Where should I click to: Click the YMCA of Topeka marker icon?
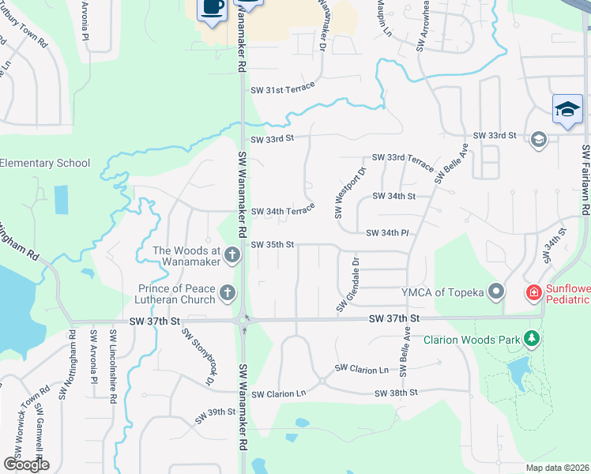(497, 292)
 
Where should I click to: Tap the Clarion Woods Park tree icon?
(533, 340)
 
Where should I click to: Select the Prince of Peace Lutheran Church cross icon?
(228, 293)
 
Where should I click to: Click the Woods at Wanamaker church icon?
(232, 254)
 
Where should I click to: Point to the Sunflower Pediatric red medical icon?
(534, 293)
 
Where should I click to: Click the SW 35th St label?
(273, 245)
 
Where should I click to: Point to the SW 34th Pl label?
(386, 233)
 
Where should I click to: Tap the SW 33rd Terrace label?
(400, 161)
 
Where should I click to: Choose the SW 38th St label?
(396, 393)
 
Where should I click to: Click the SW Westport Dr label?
(350, 192)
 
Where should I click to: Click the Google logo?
(26, 464)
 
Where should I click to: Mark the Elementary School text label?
(45, 164)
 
